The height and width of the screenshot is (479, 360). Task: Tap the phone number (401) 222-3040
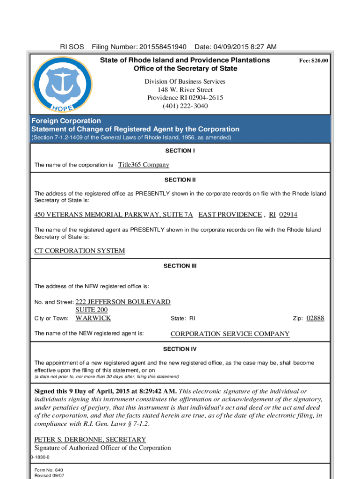tap(185, 106)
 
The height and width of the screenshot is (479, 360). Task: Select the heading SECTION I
tap(180, 151)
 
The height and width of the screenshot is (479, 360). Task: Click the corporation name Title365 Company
tap(144, 165)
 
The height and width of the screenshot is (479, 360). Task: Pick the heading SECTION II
tap(180, 180)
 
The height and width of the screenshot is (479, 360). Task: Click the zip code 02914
tap(288, 215)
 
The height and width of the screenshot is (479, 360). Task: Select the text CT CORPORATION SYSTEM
tap(79, 251)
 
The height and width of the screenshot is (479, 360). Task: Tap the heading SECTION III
tap(180, 266)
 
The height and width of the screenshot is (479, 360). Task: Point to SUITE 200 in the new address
tap(92, 310)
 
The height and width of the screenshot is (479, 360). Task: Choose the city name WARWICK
tap(93, 318)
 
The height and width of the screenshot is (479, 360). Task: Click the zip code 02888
tap(315, 319)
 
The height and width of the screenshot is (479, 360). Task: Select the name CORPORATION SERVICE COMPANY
tap(230, 334)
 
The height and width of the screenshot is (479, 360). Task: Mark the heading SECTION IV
tap(180, 349)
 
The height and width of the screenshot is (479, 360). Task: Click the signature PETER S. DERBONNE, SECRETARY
tap(90, 440)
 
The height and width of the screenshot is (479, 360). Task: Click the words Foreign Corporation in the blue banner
tap(66, 121)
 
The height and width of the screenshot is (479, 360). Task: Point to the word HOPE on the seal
tap(62, 109)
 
